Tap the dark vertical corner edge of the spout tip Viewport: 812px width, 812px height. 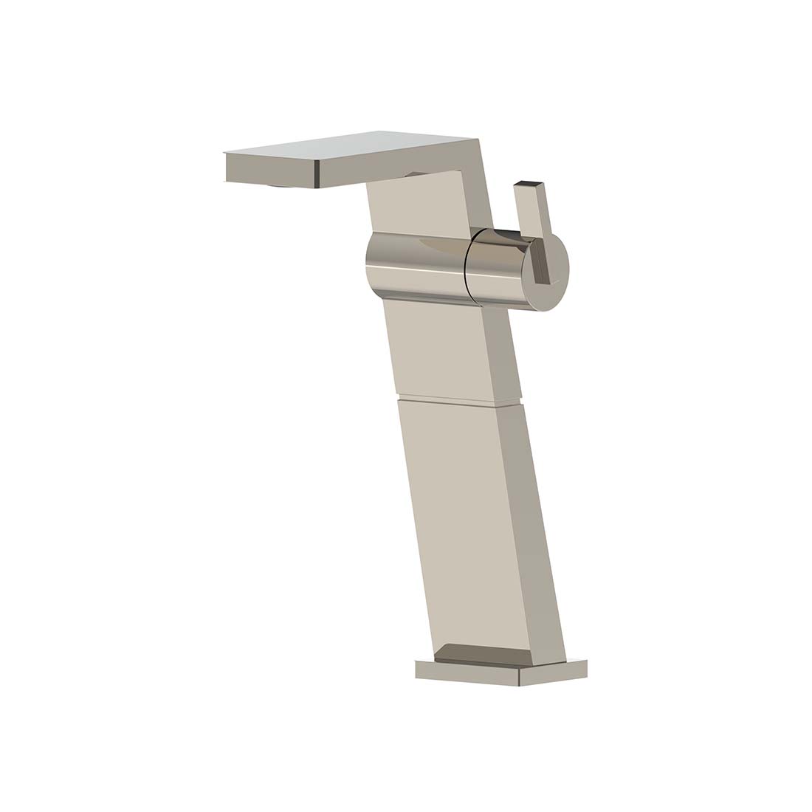pos(317,171)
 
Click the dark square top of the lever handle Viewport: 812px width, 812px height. pos(528,182)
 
